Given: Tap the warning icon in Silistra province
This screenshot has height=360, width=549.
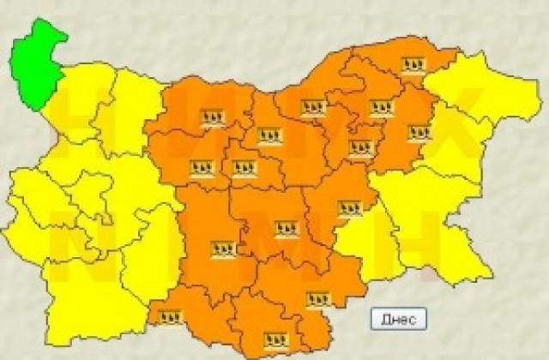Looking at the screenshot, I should click(x=413, y=65).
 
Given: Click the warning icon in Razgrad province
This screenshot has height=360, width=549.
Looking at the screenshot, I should click(x=380, y=108).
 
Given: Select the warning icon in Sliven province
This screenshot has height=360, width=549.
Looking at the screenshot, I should click(x=349, y=208).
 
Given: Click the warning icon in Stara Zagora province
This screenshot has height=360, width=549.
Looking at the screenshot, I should click(x=286, y=229).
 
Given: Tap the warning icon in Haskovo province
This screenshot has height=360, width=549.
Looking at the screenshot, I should click(x=318, y=299).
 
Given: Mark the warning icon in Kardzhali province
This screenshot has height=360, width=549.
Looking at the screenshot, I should click(x=275, y=338).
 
